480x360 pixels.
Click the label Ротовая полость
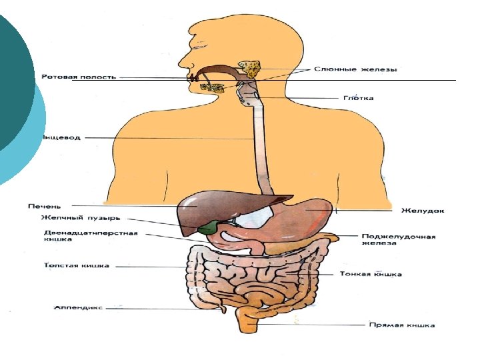pyautogui.click(x=78, y=77)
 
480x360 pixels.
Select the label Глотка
pyautogui.click(x=358, y=99)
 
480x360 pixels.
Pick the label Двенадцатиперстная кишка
pyautogui.click(x=91, y=236)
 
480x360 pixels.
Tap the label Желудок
pyautogui.click(x=423, y=211)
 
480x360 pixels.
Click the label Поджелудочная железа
pyautogui.click(x=399, y=239)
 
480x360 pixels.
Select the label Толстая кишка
pyautogui.click(x=77, y=266)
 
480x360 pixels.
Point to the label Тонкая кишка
pyautogui.click(x=371, y=274)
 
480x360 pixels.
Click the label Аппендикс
pyautogui.click(x=78, y=308)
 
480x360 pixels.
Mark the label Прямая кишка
pyautogui.click(x=402, y=325)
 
